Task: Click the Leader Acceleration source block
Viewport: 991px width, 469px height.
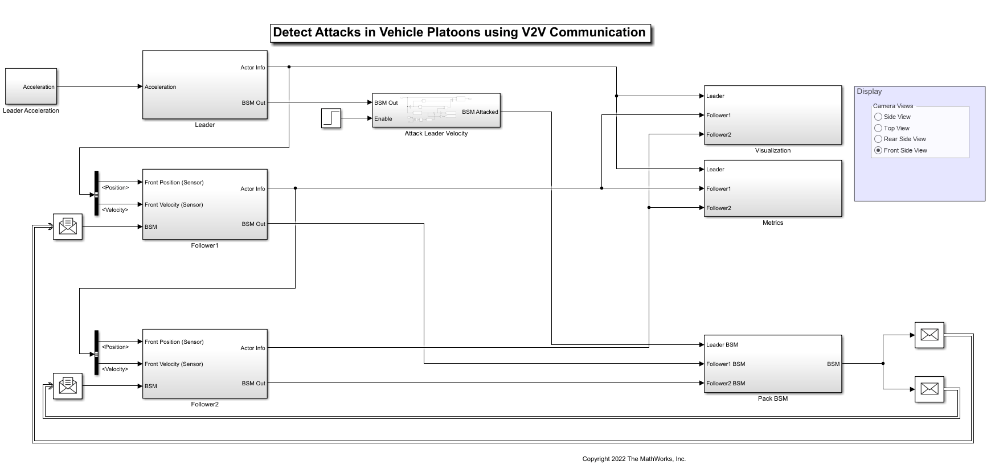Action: [31, 87]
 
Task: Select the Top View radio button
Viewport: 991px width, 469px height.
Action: [878, 128]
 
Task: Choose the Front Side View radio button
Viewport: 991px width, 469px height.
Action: [878, 150]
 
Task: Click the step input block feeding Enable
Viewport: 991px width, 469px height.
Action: [331, 118]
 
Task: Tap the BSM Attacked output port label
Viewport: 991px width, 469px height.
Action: [480, 112]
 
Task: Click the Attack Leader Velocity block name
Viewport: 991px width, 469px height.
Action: [436, 133]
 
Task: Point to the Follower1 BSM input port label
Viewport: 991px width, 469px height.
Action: [726, 364]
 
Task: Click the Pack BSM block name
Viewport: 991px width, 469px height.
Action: [772, 398]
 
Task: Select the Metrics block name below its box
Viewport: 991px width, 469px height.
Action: [772, 223]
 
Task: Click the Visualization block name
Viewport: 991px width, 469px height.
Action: [772, 150]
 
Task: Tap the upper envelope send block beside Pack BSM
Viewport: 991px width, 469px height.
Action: [929, 335]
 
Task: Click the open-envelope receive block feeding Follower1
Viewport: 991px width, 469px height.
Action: [68, 227]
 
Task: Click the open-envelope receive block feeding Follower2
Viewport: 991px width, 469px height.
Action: [68, 386]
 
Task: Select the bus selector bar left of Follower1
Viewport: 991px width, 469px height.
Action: [96, 193]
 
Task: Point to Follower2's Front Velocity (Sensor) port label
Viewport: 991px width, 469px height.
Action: [174, 364]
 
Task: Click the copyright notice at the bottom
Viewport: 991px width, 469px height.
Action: [633, 459]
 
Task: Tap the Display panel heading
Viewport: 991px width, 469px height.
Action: [869, 92]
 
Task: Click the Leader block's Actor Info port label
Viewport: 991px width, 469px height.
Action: [252, 68]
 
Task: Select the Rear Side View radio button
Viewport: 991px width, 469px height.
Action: [878, 139]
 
